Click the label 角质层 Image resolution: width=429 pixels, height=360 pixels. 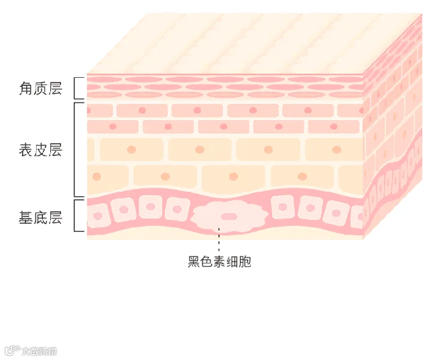pyautogui.click(x=41, y=88)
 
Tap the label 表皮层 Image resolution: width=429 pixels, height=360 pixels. pyautogui.click(x=41, y=149)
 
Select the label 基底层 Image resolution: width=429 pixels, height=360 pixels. pyautogui.click(x=41, y=217)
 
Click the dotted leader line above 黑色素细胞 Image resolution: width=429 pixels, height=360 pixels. pyautogui.click(x=219, y=241)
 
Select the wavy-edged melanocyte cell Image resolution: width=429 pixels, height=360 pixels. pyautogui.click(x=229, y=217)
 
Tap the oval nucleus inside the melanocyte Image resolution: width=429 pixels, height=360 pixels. pyautogui.click(x=229, y=217)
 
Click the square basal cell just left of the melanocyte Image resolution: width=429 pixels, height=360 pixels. pyautogui.click(x=178, y=209)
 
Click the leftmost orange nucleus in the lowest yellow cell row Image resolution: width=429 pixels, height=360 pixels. pyautogui.click(x=97, y=176)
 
